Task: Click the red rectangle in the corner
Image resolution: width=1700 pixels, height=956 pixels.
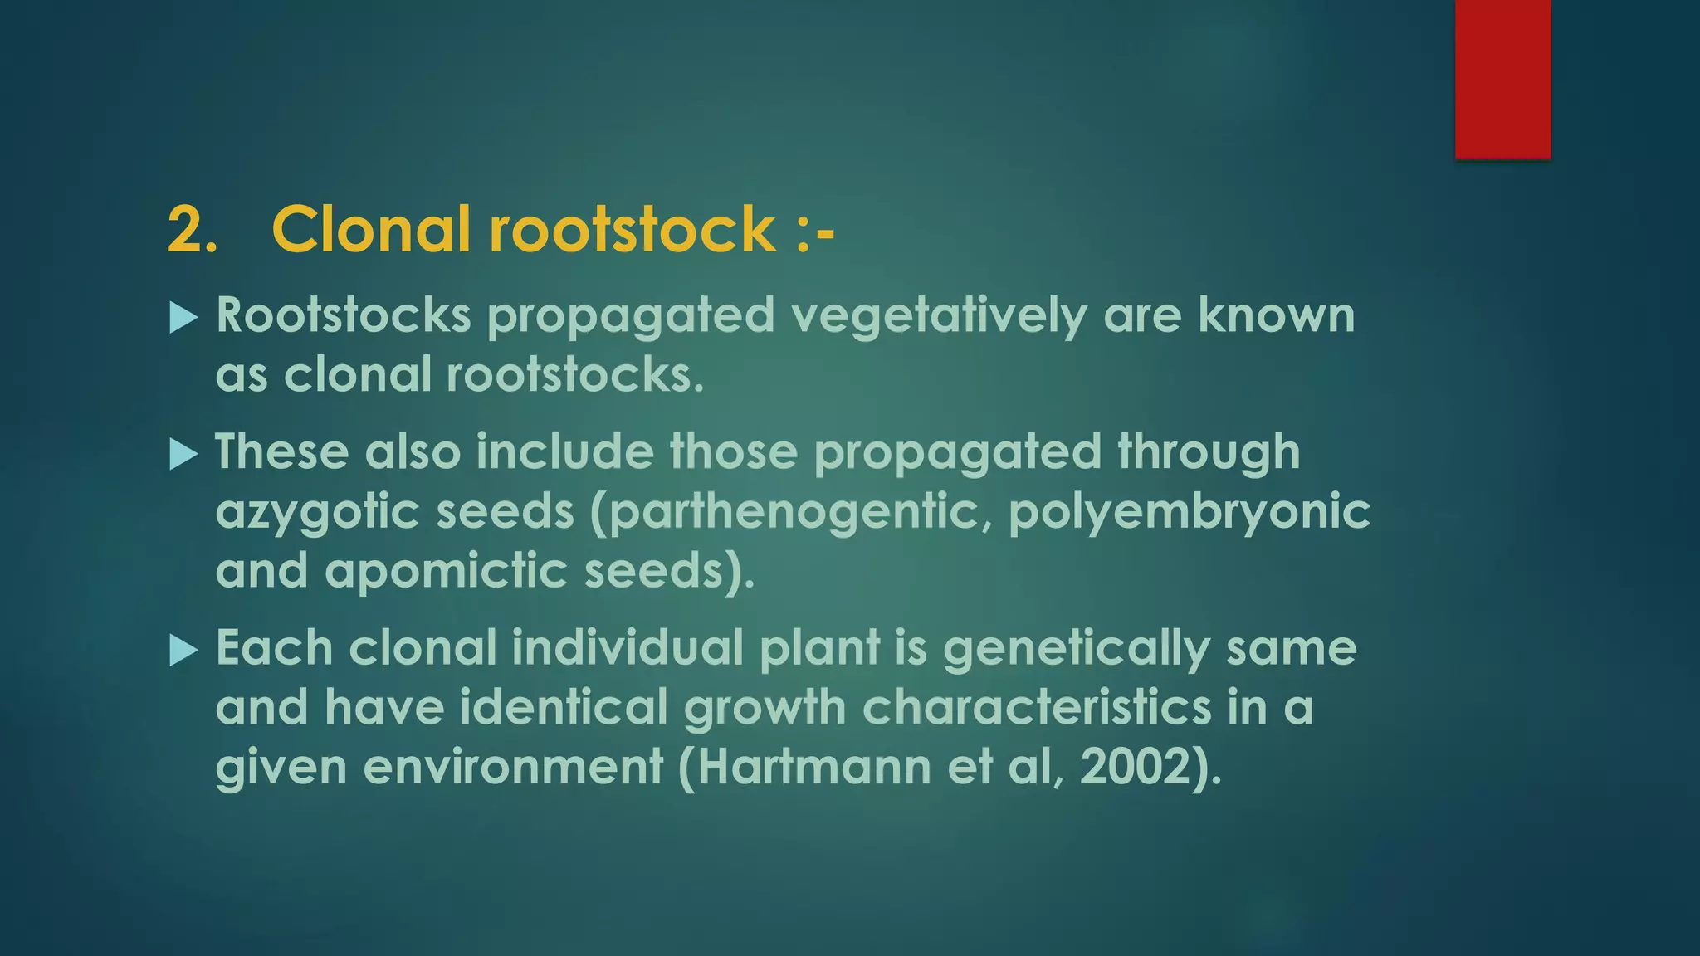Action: [1502, 79]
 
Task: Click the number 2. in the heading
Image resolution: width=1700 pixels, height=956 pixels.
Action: [193, 229]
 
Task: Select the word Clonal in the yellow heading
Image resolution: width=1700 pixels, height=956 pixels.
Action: [371, 229]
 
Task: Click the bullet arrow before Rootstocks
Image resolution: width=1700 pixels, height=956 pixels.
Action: [183, 318]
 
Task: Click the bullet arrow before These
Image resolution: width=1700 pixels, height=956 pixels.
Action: [183, 454]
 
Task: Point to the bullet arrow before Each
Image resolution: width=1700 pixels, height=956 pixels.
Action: [183, 650]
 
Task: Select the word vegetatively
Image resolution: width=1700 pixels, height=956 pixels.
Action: [939, 316]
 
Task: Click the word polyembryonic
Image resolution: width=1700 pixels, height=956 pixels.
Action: [1189, 512]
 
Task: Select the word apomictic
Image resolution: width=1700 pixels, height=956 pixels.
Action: [446, 571]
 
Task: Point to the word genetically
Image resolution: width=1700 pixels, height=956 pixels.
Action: [1076, 648]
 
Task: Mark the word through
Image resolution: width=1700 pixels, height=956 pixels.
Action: [1209, 453]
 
